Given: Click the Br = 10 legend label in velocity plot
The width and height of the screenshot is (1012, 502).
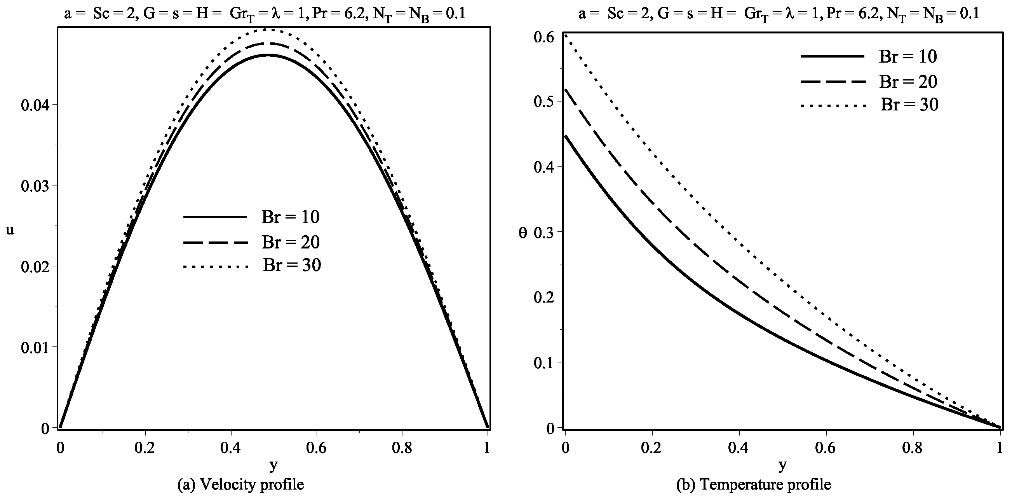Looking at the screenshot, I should [x=290, y=217].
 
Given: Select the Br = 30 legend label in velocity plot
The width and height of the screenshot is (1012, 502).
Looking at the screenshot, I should [x=291, y=265].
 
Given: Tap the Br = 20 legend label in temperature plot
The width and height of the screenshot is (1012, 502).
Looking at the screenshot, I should [x=908, y=82].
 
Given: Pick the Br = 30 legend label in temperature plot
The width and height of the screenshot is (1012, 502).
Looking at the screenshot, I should [x=909, y=105].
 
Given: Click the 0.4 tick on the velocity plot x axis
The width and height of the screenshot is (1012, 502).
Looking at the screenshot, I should [x=231, y=449].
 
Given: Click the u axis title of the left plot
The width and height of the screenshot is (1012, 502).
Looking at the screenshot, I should [x=10, y=229].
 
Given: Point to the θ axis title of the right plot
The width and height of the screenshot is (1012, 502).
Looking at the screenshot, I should [x=523, y=233].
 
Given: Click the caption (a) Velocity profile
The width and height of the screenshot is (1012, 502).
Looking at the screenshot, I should [x=240, y=485].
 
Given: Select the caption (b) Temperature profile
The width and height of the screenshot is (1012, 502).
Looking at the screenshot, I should [x=753, y=485].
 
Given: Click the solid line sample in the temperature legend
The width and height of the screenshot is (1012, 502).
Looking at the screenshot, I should [x=833, y=57].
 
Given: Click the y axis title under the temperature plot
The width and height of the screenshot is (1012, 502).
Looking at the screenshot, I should [x=782, y=466].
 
